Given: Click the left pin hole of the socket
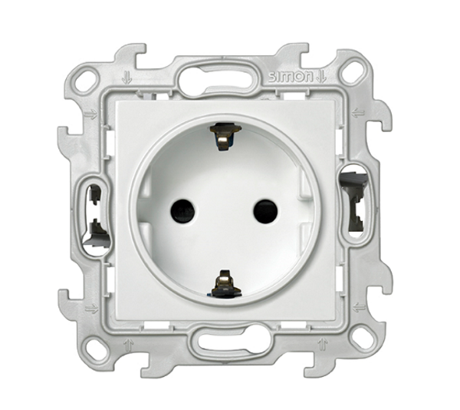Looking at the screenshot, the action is [182, 210].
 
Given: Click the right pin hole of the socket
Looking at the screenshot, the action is [265, 211].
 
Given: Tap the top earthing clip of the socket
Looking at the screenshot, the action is [225, 136].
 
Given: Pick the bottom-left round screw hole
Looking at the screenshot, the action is [94, 350].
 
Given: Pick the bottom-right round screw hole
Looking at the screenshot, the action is [363, 339].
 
